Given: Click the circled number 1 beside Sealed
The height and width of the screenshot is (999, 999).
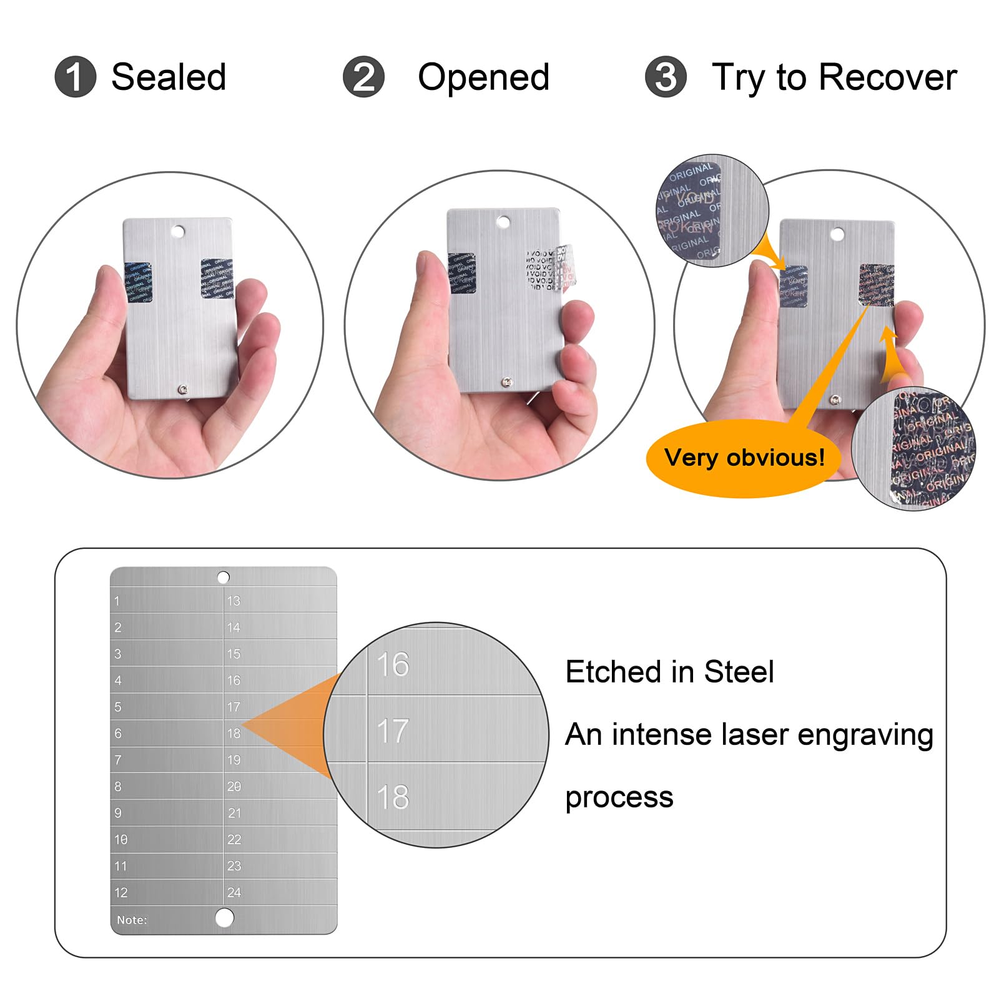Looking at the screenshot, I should click(75, 77).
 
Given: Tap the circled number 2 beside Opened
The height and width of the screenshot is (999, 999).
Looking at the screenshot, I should click(363, 77).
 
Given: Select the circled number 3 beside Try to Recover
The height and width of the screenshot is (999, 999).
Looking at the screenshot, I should click(666, 77).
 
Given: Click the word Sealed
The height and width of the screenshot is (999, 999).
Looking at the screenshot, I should click(169, 77).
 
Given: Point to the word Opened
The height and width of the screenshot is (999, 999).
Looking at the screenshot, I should click(483, 77).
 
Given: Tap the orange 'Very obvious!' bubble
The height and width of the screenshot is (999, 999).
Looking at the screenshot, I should click(744, 458).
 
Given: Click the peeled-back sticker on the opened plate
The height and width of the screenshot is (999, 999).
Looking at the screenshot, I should click(564, 267).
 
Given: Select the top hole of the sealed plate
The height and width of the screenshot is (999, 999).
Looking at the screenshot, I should click(178, 232).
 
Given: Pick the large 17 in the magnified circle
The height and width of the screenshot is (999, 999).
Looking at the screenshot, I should click(393, 731).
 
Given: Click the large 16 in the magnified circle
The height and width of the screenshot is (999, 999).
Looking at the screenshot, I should click(393, 664).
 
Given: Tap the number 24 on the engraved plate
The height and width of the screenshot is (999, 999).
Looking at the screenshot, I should click(234, 893).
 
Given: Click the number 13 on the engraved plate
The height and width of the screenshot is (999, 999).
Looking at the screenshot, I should click(234, 601).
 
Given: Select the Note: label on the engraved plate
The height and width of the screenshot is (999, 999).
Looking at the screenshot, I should click(132, 920).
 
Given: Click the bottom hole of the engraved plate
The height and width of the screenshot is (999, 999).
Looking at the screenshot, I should click(224, 917).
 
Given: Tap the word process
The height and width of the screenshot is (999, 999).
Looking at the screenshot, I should click(619, 798).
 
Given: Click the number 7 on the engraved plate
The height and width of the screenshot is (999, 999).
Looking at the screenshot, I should click(118, 760).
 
